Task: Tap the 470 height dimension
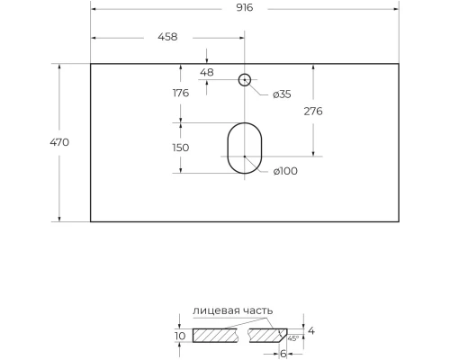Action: tap(60, 142)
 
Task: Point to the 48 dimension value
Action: tap(207, 72)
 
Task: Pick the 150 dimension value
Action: tap(181, 148)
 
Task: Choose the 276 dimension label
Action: tap(313, 112)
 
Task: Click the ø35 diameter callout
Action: tap(281, 94)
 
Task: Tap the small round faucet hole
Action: tap(244, 80)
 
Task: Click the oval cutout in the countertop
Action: tap(244, 148)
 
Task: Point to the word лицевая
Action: tap(214, 310)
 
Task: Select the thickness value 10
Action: tap(180, 336)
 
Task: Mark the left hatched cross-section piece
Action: tap(217, 336)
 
